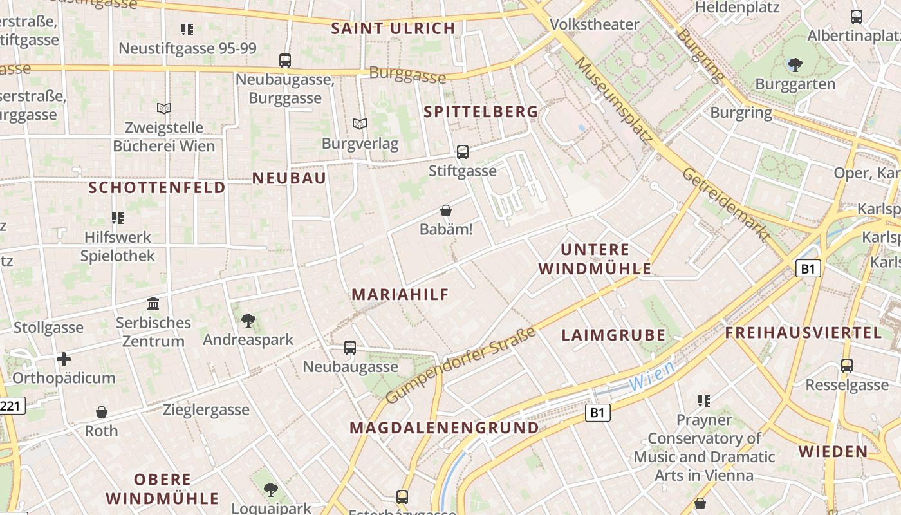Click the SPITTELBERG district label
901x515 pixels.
(x=481, y=111)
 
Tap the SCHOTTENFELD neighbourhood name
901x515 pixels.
(x=157, y=187)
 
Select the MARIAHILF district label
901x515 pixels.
(x=400, y=294)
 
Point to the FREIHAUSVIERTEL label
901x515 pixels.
(x=803, y=333)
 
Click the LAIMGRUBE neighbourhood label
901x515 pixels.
(x=613, y=335)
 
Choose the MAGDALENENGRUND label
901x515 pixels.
(x=444, y=427)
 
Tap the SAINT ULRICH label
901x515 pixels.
(x=393, y=28)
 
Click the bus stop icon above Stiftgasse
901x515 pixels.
(x=463, y=152)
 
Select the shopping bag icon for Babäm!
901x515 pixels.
(x=445, y=211)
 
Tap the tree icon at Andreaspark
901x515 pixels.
(x=248, y=320)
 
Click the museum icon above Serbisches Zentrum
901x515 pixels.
(x=153, y=303)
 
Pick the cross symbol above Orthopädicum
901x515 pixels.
(x=63, y=359)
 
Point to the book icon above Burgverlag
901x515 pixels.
(x=360, y=124)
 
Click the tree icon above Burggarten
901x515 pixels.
(x=795, y=64)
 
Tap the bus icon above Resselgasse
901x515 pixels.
(x=847, y=366)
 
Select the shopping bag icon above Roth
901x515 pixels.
(x=101, y=412)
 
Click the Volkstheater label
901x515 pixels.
(x=594, y=24)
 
